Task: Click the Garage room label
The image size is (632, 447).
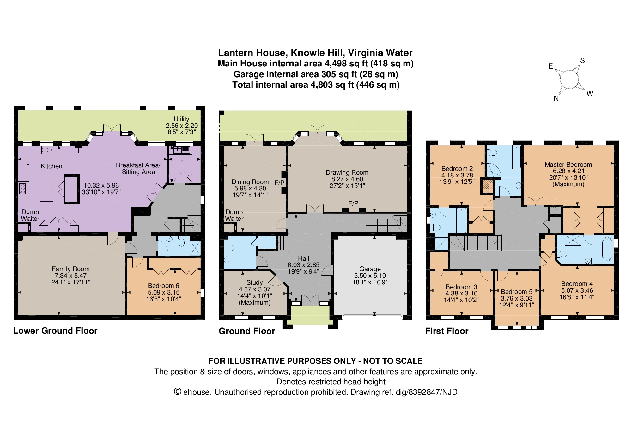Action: (370, 269)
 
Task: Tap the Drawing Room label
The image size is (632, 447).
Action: (347, 172)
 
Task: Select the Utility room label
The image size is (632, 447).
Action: (181, 119)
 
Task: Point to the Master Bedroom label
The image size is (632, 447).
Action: (568, 165)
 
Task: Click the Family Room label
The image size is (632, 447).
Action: (71, 269)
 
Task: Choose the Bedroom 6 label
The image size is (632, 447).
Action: (163, 286)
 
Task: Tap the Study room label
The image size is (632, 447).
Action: (254, 282)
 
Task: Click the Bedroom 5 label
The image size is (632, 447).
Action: (517, 292)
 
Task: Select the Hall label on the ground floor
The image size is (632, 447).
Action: (303, 258)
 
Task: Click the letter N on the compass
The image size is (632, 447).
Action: (556, 98)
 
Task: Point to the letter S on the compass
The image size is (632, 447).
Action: (582, 60)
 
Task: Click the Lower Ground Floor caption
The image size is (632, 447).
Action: (55, 331)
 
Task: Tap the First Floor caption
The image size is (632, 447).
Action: (447, 331)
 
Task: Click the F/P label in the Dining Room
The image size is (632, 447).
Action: (279, 183)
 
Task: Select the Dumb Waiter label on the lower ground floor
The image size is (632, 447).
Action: (30, 215)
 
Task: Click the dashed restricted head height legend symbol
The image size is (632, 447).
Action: (260, 382)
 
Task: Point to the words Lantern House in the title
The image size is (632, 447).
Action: (252, 53)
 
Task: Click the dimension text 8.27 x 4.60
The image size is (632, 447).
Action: (347, 179)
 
